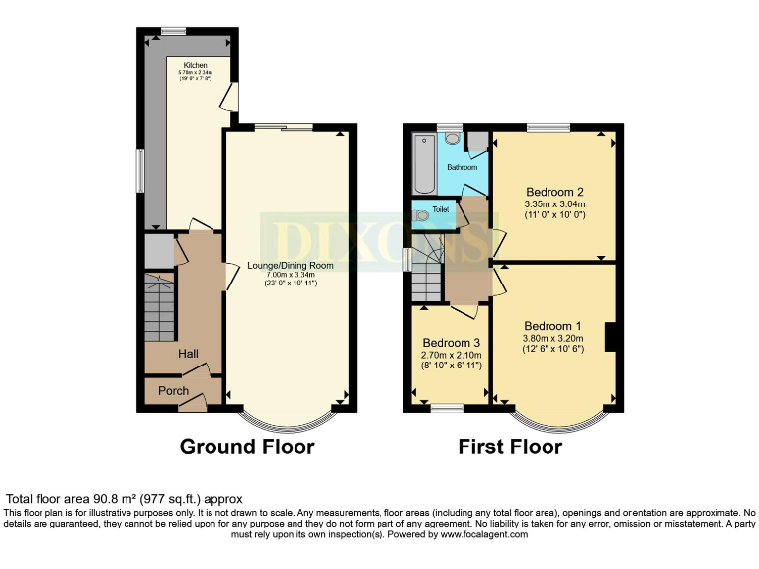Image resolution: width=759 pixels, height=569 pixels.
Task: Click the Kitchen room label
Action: point(193,65)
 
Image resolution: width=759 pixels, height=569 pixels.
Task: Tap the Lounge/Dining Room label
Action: point(291,265)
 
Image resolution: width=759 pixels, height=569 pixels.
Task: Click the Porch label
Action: point(174,391)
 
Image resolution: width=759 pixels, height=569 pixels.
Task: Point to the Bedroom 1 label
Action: point(553,326)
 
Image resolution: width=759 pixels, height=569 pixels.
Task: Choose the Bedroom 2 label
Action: point(555,192)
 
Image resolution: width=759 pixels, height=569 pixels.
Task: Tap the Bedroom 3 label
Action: point(451,342)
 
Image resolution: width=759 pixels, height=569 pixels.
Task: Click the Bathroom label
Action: point(462,167)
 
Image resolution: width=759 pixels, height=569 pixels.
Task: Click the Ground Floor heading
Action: point(247,447)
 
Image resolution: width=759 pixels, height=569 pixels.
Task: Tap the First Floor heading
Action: point(510,447)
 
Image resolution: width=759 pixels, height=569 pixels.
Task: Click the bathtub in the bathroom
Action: point(424,165)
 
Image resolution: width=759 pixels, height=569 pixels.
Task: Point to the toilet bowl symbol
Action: point(422,213)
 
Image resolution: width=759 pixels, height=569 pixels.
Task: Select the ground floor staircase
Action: point(160,306)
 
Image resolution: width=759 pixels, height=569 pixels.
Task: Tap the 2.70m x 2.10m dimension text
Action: point(451,354)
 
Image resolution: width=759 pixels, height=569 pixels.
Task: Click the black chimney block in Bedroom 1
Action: point(612,337)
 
